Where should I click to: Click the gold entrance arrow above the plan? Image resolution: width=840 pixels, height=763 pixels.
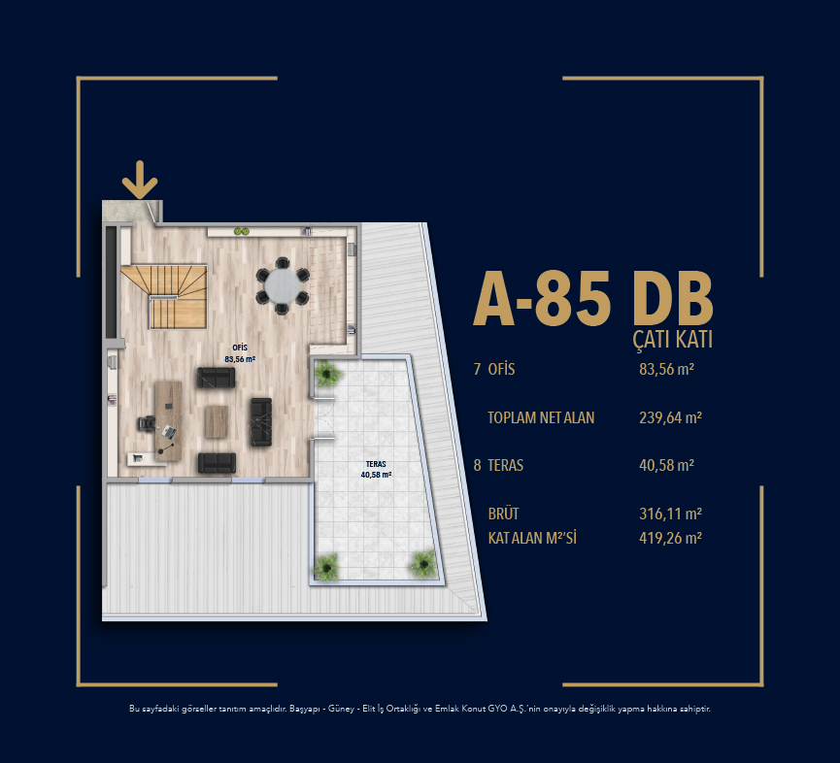pos(140,180)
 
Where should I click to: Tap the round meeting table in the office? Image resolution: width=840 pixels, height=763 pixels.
pos(283,285)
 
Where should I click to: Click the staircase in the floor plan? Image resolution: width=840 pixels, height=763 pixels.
pos(165,296)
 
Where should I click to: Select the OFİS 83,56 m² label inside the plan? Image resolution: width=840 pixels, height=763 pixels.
pos(240,353)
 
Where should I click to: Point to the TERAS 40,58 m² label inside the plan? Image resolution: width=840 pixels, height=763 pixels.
pos(376,470)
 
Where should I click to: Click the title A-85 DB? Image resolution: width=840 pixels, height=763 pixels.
pos(593,299)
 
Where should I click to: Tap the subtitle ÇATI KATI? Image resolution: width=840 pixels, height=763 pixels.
pos(672,340)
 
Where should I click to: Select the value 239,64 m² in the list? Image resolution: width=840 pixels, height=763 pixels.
pos(670,417)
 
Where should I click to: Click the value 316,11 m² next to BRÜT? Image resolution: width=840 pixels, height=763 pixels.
pos(670,514)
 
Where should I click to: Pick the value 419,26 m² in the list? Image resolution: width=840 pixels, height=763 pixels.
pos(670,538)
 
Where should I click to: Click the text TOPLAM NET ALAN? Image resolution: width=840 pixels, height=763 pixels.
pos(541,417)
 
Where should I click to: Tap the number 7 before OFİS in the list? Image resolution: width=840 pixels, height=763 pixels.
pos(478,370)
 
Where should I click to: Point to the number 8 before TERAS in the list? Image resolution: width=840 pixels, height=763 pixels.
pos(478,465)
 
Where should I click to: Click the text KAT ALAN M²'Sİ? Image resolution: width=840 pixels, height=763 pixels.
pos(532,538)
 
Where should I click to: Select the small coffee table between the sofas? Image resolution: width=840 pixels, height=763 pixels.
pos(217,421)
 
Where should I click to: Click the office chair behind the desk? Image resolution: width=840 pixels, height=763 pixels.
pos(147,423)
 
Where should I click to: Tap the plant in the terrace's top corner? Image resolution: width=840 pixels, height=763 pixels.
pos(327,373)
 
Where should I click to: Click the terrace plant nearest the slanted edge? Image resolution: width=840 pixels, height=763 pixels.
pos(424,564)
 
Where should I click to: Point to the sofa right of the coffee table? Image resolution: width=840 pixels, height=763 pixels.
pos(261,422)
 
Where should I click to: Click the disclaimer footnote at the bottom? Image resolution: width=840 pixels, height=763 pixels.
pos(420,709)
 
